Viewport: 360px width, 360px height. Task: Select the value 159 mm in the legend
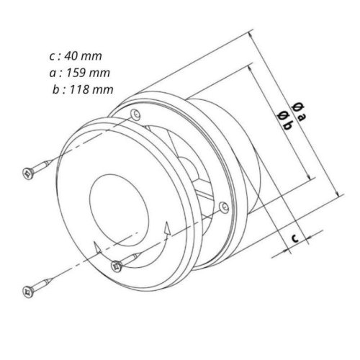[x=88, y=73]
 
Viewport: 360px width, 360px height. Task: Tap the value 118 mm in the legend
[x=91, y=89]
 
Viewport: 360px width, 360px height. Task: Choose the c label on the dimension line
[x=295, y=238]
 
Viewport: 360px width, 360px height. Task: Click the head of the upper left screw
[x=28, y=173]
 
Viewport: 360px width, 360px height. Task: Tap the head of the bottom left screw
[x=28, y=292]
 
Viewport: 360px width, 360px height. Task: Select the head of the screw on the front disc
[x=117, y=266]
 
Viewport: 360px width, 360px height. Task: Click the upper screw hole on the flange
[x=135, y=114]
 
